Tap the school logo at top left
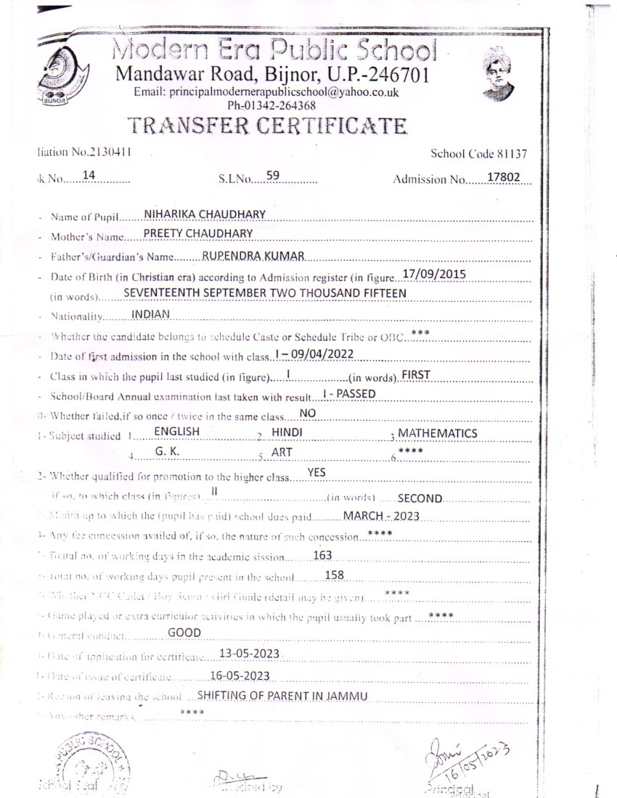click(x=64, y=76)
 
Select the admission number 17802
click(x=510, y=177)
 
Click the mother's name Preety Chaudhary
click(x=198, y=232)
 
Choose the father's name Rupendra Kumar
click(x=252, y=255)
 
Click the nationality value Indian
click(x=150, y=314)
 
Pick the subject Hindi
click(x=287, y=432)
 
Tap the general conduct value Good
click(x=184, y=633)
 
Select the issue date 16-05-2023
click(x=240, y=675)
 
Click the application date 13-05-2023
click(x=249, y=654)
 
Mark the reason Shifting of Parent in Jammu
click(x=282, y=696)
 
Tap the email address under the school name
click(x=266, y=93)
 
